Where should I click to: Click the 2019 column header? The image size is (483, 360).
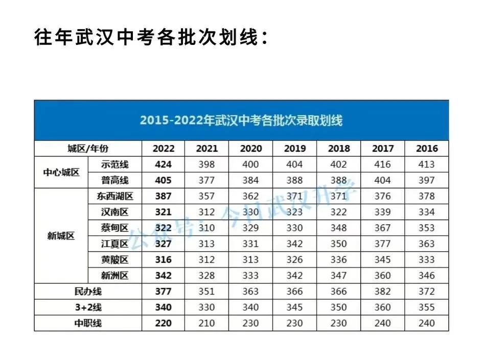point(294,149)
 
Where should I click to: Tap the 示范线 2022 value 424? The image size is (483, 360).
point(163,164)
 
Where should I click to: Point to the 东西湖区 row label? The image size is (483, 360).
point(114,196)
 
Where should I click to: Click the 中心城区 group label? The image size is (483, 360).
point(61,172)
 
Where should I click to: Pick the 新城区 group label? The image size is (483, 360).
point(61,236)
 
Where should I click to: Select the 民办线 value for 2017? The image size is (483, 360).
point(382,292)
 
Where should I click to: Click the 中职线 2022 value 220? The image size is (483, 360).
point(163,323)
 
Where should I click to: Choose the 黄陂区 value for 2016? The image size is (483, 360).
point(426,259)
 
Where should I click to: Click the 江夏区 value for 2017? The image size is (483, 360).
point(382,244)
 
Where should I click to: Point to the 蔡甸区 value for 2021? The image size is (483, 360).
point(206,228)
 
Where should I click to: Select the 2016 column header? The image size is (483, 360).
point(426,149)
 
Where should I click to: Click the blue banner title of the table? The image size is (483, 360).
point(241,121)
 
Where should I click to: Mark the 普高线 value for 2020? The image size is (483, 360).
point(250,180)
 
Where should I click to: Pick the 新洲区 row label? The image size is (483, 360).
point(114,276)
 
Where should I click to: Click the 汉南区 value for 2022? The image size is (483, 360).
point(163,212)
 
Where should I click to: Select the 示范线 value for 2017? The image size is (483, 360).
point(382,164)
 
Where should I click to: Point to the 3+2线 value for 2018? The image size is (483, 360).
point(338,307)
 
